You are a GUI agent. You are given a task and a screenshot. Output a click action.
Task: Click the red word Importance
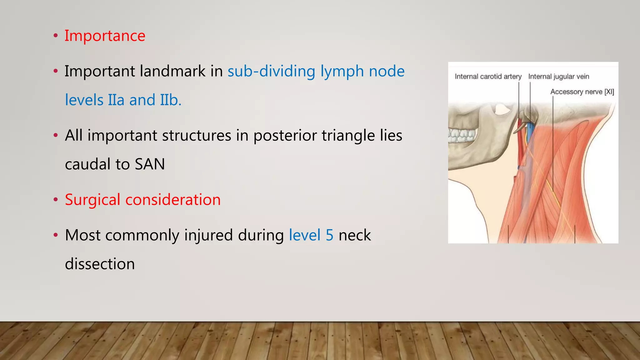(x=105, y=36)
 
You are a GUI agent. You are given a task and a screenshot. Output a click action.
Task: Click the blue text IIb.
(x=171, y=100)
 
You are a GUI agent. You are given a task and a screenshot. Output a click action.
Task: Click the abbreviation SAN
(x=150, y=164)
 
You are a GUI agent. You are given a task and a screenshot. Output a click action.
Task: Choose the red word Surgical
(x=92, y=200)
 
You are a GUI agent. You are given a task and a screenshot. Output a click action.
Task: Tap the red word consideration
(x=173, y=200)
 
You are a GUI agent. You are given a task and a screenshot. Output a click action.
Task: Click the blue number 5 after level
(x=329, y=235)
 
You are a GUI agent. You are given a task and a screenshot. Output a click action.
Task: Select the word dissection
(x=100, y=264)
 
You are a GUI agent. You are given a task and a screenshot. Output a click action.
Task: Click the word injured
(x=208, y=235)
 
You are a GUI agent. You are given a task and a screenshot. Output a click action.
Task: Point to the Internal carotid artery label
(x=488, y=77)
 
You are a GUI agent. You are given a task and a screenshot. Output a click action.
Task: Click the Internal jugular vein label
(x=558, y=77)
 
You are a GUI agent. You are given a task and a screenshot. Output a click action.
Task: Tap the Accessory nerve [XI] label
(x=582, y=92)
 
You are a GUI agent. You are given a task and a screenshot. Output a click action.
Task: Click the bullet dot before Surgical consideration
(x=56, y=200)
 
